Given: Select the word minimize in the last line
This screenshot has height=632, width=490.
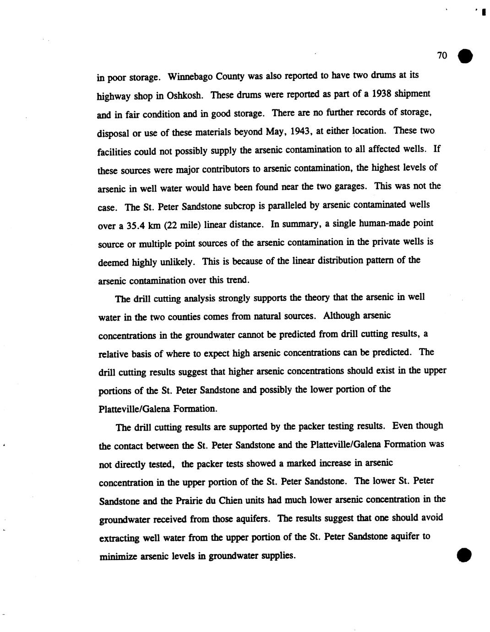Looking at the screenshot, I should coord(118,556).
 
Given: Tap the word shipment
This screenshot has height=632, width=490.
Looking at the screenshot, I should coord(413,94).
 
